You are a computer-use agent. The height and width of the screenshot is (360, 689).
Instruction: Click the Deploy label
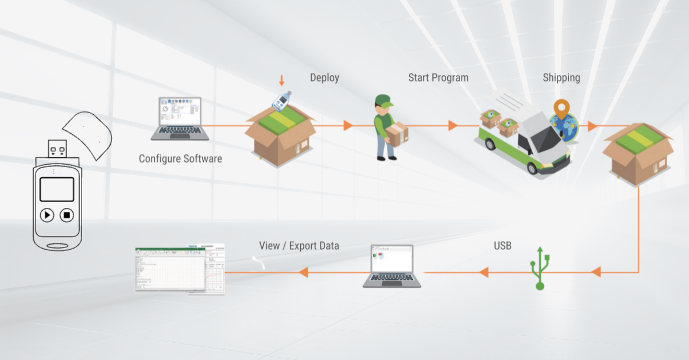[324, 78]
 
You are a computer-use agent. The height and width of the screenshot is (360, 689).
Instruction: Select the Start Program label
[438, 78]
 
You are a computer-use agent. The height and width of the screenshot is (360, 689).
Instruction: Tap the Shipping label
[561, 78]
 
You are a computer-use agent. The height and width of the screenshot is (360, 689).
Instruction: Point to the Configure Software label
[180, 158]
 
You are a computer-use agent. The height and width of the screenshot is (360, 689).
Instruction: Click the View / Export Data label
[299, 246]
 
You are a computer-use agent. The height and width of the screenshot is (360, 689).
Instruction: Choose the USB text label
[502, 246]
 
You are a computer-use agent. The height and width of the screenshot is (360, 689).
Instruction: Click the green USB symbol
[539, 268]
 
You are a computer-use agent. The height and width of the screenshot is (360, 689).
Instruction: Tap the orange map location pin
[561, 110]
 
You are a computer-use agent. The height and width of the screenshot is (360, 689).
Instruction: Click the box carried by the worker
[397, 134]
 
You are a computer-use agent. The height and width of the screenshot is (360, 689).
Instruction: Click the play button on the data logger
[47, 215]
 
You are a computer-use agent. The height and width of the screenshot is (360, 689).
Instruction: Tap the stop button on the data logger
[67, 215]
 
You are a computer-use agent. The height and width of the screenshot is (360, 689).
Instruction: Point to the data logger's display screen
[57, 189]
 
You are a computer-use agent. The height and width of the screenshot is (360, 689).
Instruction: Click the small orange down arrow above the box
[281, 80]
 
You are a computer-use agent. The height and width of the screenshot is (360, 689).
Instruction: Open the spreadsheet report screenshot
[180, 269]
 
